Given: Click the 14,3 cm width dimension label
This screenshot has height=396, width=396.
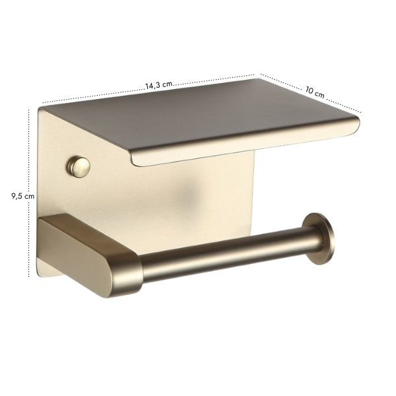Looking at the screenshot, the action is pyautogui.click(x=159, y=85).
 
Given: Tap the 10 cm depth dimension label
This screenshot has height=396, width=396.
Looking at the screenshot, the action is pyautogui.click(x=315, y=92).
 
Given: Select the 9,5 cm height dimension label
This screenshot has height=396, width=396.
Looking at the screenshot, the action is pyautogui.click(x=22, y=196).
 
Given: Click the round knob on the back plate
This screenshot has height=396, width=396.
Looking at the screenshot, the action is pyautogui.click(x=79, y=167).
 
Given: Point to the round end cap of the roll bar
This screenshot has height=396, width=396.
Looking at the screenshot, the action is pyautogui.click(x=319, y=238).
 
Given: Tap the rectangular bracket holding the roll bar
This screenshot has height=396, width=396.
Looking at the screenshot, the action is pyautogui.click(x=90, y=255).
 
